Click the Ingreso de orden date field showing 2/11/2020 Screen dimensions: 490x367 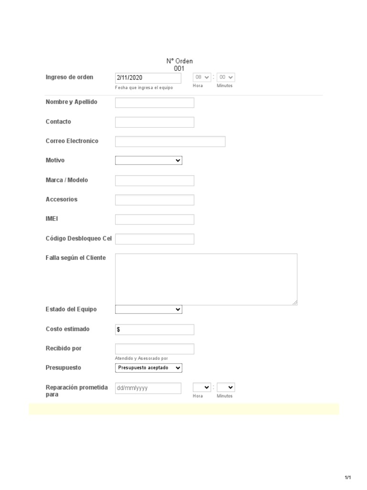click(148, 78)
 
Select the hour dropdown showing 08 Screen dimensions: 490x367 click(202, 78)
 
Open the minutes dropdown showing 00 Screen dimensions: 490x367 click(226, 78)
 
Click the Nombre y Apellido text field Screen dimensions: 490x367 click(155, 103)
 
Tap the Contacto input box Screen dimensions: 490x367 click(155, 122)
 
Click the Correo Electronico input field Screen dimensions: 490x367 click(170, 142)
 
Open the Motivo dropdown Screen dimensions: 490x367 click(149, 161)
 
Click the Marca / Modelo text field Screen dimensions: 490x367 click(155, 180)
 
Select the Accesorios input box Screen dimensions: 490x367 click(155, 200)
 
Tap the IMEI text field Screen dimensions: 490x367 click(155, 220)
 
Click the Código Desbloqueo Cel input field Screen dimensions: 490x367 click(155, 239)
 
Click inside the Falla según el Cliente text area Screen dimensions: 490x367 click(206, 279)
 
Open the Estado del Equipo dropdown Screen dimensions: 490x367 click(149, 310)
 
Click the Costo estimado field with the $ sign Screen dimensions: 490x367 click(155, 330)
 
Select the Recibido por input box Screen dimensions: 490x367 click(155, 349)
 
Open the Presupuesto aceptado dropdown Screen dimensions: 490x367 click(149, 368)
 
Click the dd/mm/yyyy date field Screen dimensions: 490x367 click(148, 388)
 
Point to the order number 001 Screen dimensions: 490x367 click(179, 68)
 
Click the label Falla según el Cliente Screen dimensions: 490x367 click(76, 258)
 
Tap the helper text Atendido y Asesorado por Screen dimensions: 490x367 click(141, 358)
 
